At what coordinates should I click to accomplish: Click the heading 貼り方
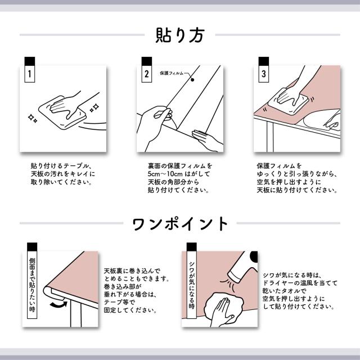[x=179, y=35]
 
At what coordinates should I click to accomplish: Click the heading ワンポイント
[x=180, y=223]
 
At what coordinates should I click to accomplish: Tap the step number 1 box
[x=30, y=74]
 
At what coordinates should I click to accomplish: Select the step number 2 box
[x=147, y=74]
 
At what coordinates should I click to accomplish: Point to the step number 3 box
[x=263, y=74]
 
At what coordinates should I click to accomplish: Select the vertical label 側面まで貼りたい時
[x=31, y=284]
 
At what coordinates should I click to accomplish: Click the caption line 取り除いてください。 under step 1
[x=62, y=182]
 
